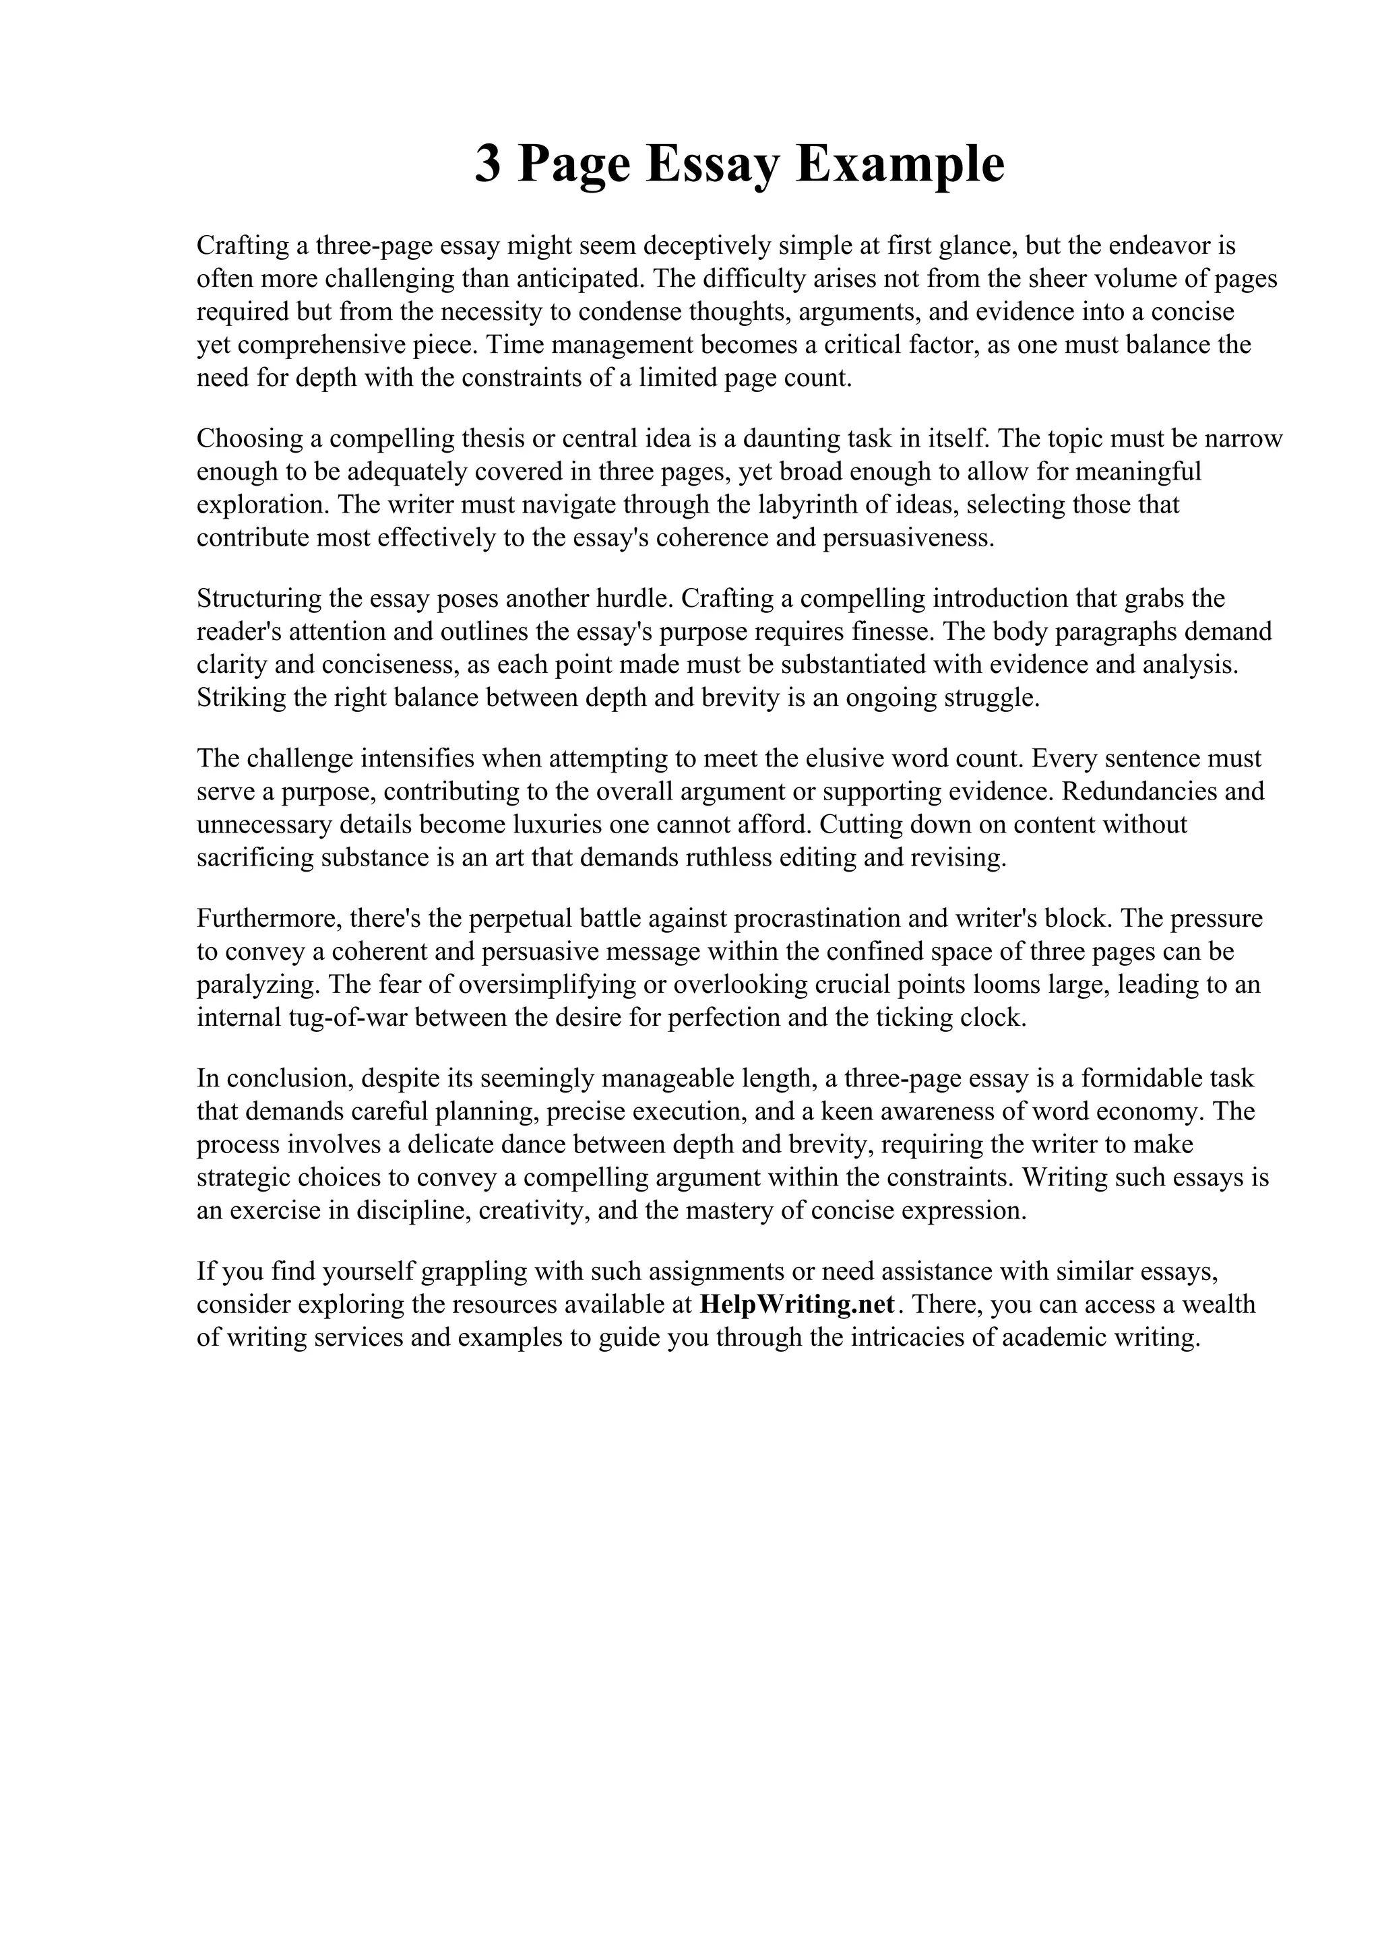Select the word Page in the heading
(574, 165)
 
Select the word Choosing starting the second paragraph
(250, 438)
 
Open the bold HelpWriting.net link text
(798, 1305)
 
